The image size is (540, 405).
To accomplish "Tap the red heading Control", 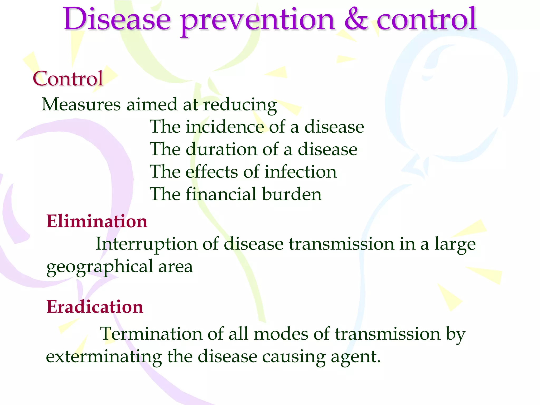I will tap(68, 79).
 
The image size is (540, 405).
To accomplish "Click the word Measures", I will tap(81, 104).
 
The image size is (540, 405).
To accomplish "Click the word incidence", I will tap(224, 127).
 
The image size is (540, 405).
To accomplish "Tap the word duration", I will tap(221, 149).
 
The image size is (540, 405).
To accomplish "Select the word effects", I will tap(211, 172).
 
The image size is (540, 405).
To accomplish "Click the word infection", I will tap(300, 172).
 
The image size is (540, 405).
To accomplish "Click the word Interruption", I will tap(146, 244).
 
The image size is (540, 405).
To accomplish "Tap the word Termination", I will tap(151, 334).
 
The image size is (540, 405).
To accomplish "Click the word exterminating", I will tap(104, 356).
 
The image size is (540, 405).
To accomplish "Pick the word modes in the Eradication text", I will tap(281, 334).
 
